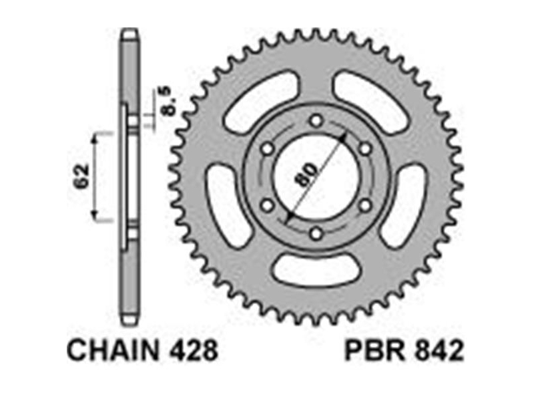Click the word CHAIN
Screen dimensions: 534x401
[113, 350]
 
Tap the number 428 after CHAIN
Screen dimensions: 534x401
[192, 350]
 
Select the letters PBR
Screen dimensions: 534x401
[375, 350]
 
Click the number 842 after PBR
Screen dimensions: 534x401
[439, 350]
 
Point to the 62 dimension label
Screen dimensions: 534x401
[82, 176]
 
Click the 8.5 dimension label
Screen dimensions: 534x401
[166, 101]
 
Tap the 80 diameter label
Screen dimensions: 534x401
[306, 174]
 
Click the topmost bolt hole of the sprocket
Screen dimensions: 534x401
[316, 121]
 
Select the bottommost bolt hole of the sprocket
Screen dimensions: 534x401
[316, 234]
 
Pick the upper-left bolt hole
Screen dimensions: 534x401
[268, 149]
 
